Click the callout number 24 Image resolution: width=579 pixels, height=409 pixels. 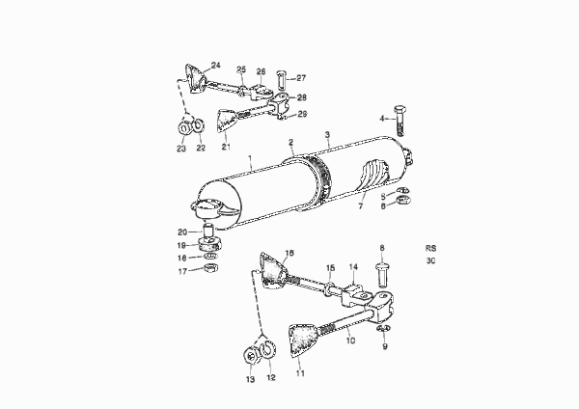215,66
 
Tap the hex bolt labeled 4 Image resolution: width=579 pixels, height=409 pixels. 400,121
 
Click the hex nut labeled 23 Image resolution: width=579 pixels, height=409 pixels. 184,127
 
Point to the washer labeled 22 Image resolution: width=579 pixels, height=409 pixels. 199,125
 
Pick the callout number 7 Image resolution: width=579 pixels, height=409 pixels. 360,206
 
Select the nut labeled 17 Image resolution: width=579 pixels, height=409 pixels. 210,267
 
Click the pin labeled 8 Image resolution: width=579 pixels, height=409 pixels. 383,274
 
